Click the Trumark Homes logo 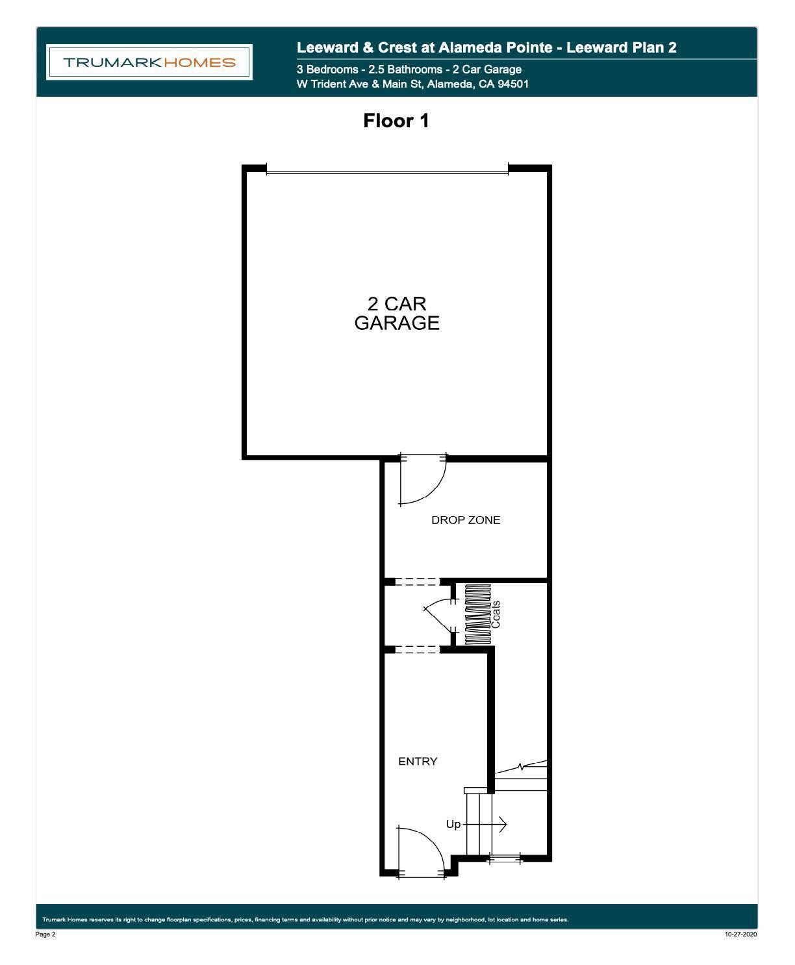coord(149,62)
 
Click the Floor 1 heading coord(396,121)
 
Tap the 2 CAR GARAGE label coord(397,313)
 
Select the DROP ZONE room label coord(466,520)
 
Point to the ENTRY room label coord(418,761)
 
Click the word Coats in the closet coord(496,614)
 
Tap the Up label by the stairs coord(453,824)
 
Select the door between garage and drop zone coord(422,479)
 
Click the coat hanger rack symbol coord(478,614)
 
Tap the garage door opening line coord(387,173)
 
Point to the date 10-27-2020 coord(740,934)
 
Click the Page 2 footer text coord(45,934)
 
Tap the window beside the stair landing coord(505,859)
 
